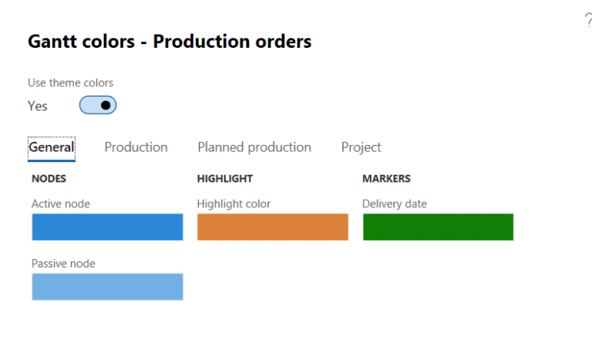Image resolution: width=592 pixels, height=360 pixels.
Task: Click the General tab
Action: click(52, 147)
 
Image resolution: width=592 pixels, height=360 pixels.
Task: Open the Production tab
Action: click(136, 147)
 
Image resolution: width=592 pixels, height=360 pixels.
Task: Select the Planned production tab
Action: click(254, 147)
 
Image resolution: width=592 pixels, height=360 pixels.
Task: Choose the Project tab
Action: click(361, 147)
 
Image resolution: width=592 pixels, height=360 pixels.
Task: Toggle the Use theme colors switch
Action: click(98, 106)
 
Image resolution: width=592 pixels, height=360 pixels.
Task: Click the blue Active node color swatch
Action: click(107, 227)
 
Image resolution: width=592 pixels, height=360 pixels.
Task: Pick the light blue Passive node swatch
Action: click(107, 287)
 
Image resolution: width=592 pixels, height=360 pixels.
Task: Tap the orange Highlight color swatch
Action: click(273, 227)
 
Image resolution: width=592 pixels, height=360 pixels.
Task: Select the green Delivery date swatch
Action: click(438, 227)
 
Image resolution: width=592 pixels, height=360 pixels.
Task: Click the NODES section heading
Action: click(49, 179)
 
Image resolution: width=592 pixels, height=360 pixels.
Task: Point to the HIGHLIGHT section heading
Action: click(225, 179)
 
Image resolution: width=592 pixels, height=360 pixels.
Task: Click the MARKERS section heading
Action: click(386, 179)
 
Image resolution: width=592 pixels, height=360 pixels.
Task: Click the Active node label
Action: click(61, 204)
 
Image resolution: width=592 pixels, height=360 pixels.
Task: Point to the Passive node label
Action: click(63, 264)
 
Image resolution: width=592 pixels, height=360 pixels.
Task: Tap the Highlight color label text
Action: click(234, 204)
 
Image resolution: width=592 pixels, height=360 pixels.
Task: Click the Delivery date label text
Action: click(395, 204)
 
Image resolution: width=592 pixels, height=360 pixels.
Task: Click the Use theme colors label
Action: click(71, 83)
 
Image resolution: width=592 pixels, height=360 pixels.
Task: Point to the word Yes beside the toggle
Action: click(38, 106)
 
